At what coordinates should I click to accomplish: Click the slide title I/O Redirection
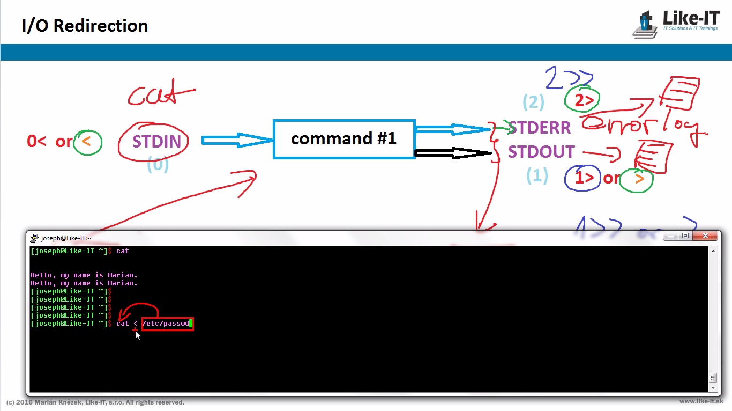click(85, 26)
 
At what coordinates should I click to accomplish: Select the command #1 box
click(343, 139)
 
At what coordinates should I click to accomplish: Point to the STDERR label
click(540, 128)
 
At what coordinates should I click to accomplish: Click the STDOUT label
click(541, 152)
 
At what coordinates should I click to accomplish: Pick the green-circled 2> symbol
click(582, 99)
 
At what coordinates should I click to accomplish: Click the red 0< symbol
click(36, 142)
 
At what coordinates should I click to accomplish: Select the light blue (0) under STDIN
click(158, 165)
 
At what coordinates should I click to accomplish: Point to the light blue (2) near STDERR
click(533, 102)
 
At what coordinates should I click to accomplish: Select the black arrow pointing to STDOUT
click(453, 153)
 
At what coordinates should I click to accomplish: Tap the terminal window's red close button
click(705, 236)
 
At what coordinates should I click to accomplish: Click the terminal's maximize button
click(685, 236)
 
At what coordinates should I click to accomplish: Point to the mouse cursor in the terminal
click(137, 335)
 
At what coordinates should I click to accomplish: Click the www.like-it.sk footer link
click(701, 401)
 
